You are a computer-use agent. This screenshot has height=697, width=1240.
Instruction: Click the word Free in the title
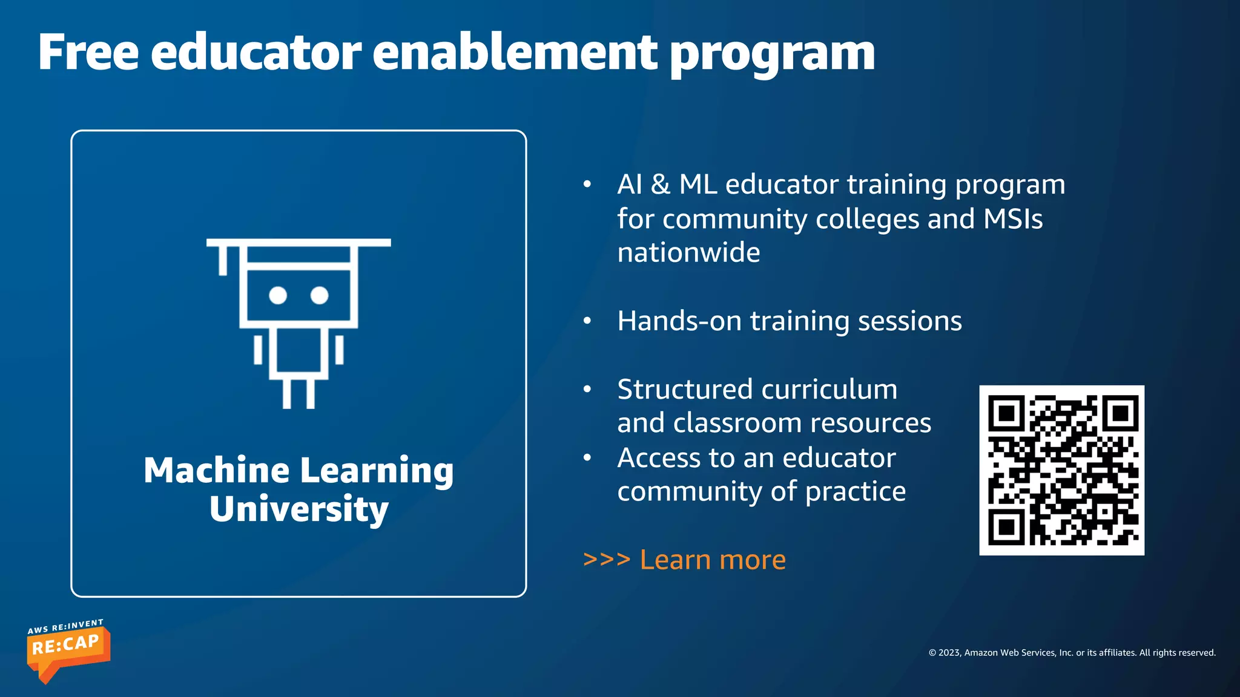88,53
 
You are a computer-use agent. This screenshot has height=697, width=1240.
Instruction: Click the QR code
1061,470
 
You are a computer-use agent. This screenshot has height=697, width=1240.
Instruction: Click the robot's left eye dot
278,295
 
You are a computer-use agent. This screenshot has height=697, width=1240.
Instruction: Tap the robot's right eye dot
319,295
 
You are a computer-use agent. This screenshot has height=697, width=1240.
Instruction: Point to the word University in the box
298,509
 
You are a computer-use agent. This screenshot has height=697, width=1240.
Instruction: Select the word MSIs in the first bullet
1013,218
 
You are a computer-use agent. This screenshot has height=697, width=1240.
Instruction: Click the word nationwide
688,252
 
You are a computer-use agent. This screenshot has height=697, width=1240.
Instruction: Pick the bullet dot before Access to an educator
587,457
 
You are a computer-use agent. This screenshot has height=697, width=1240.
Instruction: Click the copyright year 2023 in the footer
949,653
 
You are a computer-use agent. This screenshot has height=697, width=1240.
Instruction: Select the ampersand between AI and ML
661,185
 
